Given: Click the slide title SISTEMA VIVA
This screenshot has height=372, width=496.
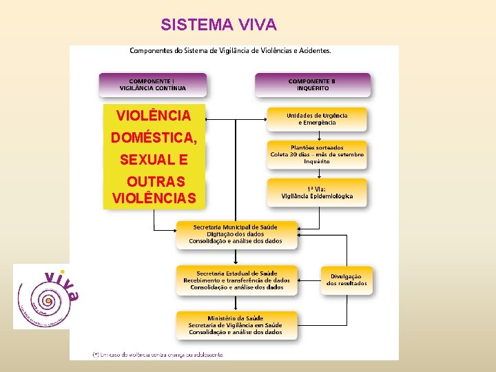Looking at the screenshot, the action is tap(218, 25).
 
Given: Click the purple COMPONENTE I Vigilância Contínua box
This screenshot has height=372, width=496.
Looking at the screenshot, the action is tap(152, 84).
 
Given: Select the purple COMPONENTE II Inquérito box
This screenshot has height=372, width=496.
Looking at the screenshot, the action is tap(313, 84).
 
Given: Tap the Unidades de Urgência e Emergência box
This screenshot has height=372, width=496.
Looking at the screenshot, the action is tap(317, 118).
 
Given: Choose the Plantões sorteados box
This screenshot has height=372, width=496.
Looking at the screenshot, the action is tap(317, 154).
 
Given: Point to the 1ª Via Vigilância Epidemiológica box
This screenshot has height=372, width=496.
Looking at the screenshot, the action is tap(317, 192).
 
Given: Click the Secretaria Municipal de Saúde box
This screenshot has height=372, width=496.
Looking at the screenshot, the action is tap(236, 234).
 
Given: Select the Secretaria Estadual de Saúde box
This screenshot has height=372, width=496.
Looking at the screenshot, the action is tap(236, 280).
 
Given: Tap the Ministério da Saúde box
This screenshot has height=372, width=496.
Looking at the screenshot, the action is tap(236, 324).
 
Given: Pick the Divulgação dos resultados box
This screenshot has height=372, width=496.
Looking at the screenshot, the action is tap(347, 280).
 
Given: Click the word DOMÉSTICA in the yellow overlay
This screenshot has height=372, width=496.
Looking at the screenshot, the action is tap(154, 138).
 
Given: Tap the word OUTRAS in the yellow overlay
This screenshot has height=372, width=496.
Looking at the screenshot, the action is tap(156, 182).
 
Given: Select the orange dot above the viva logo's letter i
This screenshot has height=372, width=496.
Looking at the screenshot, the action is tap(63, 271).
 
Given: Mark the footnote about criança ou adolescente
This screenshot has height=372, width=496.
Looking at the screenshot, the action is tap(158, 354).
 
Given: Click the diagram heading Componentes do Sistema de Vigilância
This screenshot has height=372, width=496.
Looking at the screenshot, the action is tap(231, 50).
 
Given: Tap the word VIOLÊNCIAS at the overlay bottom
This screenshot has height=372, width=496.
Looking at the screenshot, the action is tap(154, 199).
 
